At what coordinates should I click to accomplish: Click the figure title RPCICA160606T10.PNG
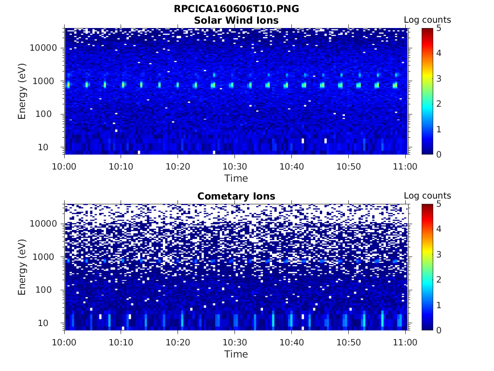point(236,9)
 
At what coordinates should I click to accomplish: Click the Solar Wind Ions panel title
point(236,20)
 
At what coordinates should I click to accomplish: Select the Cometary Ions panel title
point(236,196)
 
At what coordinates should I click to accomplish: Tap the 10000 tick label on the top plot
point(43,48)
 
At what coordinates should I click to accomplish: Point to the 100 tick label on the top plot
point(48,114)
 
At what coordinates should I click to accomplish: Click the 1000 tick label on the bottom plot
point(46,257)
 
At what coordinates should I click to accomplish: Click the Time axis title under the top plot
point(236,178)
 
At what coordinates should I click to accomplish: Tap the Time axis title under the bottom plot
point(236,354)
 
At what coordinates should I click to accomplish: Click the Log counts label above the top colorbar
point(427,20)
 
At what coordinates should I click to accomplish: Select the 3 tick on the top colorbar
point(439,78)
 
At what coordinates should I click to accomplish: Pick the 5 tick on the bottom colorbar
point(439,204)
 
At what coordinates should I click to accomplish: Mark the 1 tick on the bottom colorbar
point(439,305)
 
